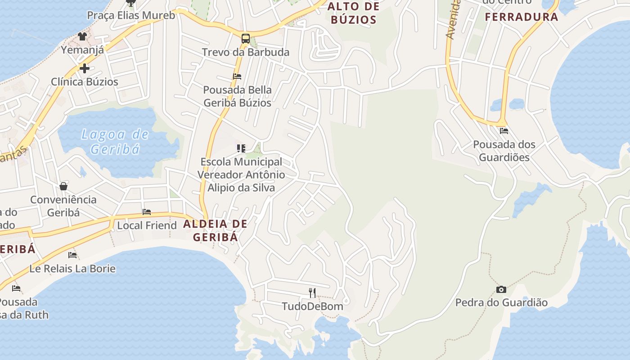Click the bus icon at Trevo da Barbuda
245,39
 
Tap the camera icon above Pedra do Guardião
501,289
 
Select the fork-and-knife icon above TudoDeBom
312,293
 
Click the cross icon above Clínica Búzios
84,68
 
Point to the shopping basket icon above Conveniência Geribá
63,186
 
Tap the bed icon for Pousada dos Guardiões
504,131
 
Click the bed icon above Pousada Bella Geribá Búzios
237,76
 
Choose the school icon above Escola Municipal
241,148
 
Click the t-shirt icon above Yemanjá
82,36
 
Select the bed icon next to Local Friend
147,211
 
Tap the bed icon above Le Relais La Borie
72,255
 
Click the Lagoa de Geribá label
115,141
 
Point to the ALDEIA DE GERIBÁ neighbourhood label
216,230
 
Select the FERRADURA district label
522,17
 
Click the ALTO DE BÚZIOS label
353,13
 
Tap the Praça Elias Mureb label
131,15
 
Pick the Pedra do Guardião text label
501,302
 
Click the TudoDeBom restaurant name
312,306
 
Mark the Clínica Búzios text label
84,82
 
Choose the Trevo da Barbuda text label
245,52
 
